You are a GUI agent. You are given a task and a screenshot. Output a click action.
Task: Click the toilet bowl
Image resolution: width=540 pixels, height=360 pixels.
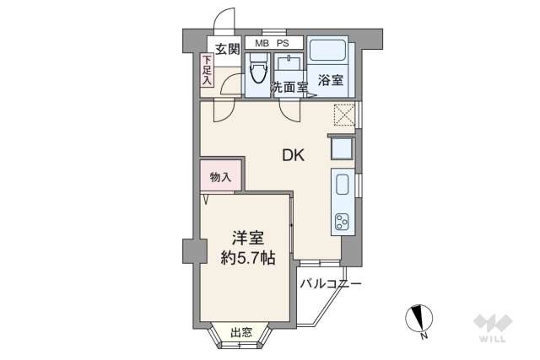(257, 73)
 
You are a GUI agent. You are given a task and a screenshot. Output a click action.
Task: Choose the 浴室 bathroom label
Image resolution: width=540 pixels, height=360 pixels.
(330, 80)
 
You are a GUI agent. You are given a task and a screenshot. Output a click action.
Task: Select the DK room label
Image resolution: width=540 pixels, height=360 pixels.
(292, 154)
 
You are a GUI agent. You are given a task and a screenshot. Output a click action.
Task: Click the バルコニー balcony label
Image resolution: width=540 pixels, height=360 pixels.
(332, 284)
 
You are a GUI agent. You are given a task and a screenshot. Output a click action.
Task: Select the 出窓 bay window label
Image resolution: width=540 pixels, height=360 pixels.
(240, 332)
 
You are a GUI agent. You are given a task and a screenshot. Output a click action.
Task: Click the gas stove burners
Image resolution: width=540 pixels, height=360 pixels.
(343, 223)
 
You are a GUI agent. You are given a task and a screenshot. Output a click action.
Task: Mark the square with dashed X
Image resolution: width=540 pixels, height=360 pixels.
(343, 114)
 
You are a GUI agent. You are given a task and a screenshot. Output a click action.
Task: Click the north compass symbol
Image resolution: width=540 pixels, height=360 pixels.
(419, 319)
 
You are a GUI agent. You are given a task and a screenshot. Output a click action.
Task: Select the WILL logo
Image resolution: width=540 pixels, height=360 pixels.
(491, 327)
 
